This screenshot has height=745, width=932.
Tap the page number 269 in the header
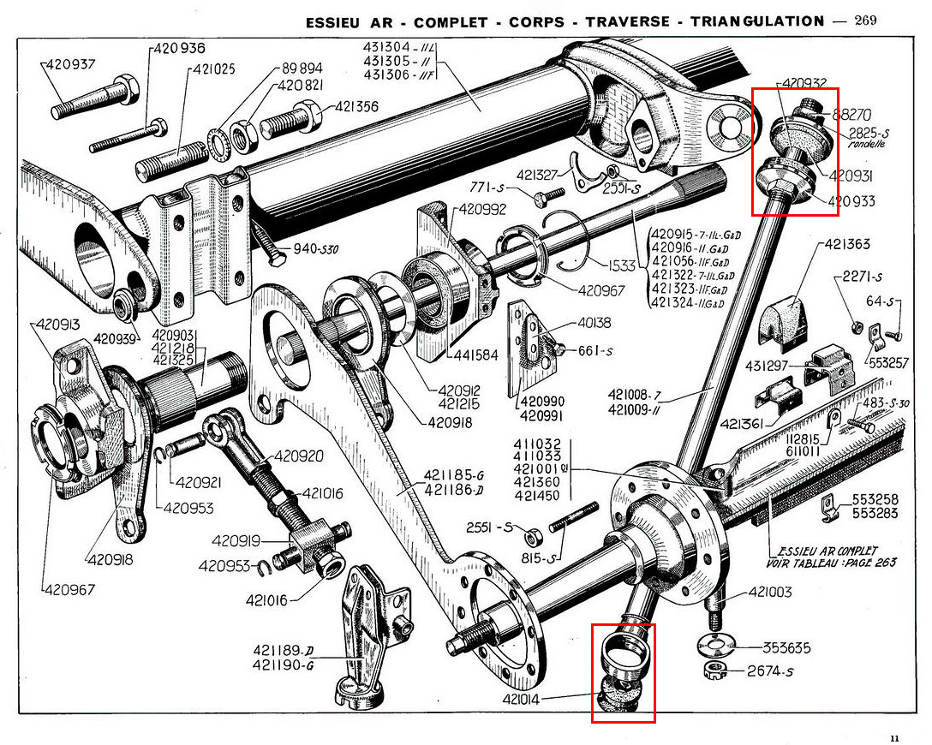tap(865, 21)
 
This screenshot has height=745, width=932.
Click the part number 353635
tap(785, 647)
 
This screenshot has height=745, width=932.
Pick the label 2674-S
tap(768, 671)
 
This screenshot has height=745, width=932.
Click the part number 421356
tap(356, 107)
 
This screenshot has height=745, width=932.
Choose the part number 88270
tap(851, 112)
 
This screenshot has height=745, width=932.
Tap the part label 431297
tap(767, 366)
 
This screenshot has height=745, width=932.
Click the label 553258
tap(875, 499)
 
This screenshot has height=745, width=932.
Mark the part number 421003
tap(770, 593)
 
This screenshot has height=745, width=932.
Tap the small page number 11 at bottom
tap(894, 737)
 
